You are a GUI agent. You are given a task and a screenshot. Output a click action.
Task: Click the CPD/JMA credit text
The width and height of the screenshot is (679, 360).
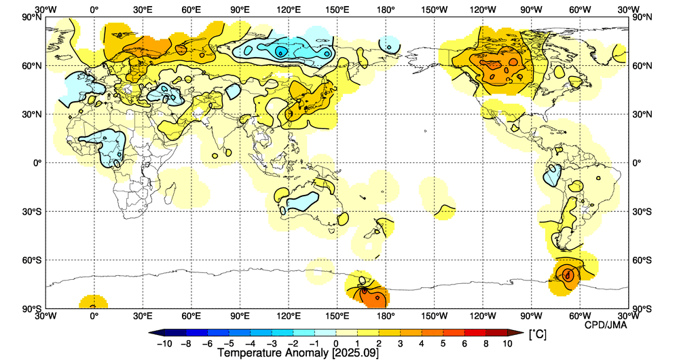tap(606, 325)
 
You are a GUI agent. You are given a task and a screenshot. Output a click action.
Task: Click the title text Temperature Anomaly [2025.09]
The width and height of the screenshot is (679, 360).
tap(297, 353)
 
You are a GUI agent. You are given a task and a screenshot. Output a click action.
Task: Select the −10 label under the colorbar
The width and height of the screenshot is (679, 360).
tap(163, 344)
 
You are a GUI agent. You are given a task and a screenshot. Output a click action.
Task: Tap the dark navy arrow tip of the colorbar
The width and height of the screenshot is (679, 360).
tap(153, 333)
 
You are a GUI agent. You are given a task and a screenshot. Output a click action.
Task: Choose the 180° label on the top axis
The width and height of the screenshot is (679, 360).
tap(386, 10)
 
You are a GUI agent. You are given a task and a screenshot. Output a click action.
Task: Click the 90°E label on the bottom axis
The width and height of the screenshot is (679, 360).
tap(240, 316)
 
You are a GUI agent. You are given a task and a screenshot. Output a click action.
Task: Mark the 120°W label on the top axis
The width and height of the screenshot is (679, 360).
tap(483, 10)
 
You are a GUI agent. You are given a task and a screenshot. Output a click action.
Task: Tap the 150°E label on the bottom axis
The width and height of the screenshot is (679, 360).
tap(337, 316)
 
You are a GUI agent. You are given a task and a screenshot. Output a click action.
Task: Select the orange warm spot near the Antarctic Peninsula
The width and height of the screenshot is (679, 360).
tap(568, 274)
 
